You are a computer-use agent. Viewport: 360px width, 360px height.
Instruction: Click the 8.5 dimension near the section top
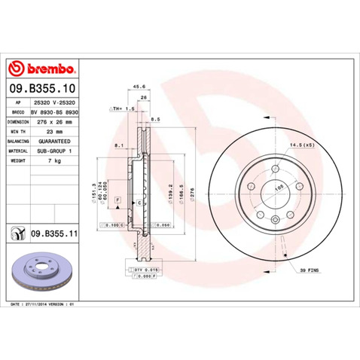[154, 118]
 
